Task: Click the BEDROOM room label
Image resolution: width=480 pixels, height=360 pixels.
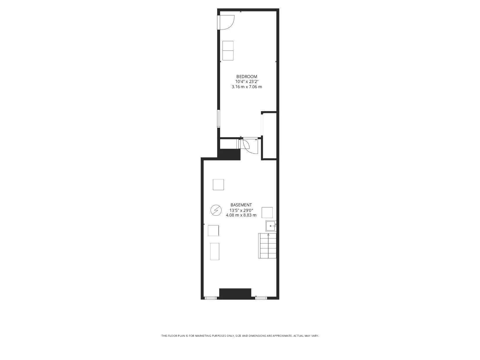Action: tap(247, 77)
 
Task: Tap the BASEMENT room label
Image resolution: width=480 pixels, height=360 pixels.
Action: tap(241, 205)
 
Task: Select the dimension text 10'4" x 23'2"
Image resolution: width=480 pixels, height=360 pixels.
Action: tap(247, 82)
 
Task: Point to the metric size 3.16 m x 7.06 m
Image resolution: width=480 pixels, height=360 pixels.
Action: tap(247, 87)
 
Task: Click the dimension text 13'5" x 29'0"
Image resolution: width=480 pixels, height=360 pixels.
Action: tap(241, 210)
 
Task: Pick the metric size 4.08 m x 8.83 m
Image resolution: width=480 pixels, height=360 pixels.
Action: tap(241, 215)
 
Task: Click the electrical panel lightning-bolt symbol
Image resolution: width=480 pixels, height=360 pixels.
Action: tap(215, 210)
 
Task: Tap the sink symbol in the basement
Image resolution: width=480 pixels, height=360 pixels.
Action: tap(271, 226)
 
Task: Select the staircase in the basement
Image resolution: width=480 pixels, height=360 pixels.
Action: tap(267, 246)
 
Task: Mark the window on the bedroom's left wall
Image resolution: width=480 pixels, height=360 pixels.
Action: tap(218, 118)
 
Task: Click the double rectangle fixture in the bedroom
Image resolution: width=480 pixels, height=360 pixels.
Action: tap(228, 51)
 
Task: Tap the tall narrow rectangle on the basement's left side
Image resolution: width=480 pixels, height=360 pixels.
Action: tap(215, 251)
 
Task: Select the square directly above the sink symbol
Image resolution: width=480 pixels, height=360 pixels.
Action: tap(267, 213)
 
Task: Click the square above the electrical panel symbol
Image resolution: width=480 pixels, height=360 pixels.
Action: tap(218, 185)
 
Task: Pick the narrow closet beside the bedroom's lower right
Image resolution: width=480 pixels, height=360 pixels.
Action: tap(269, 136)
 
